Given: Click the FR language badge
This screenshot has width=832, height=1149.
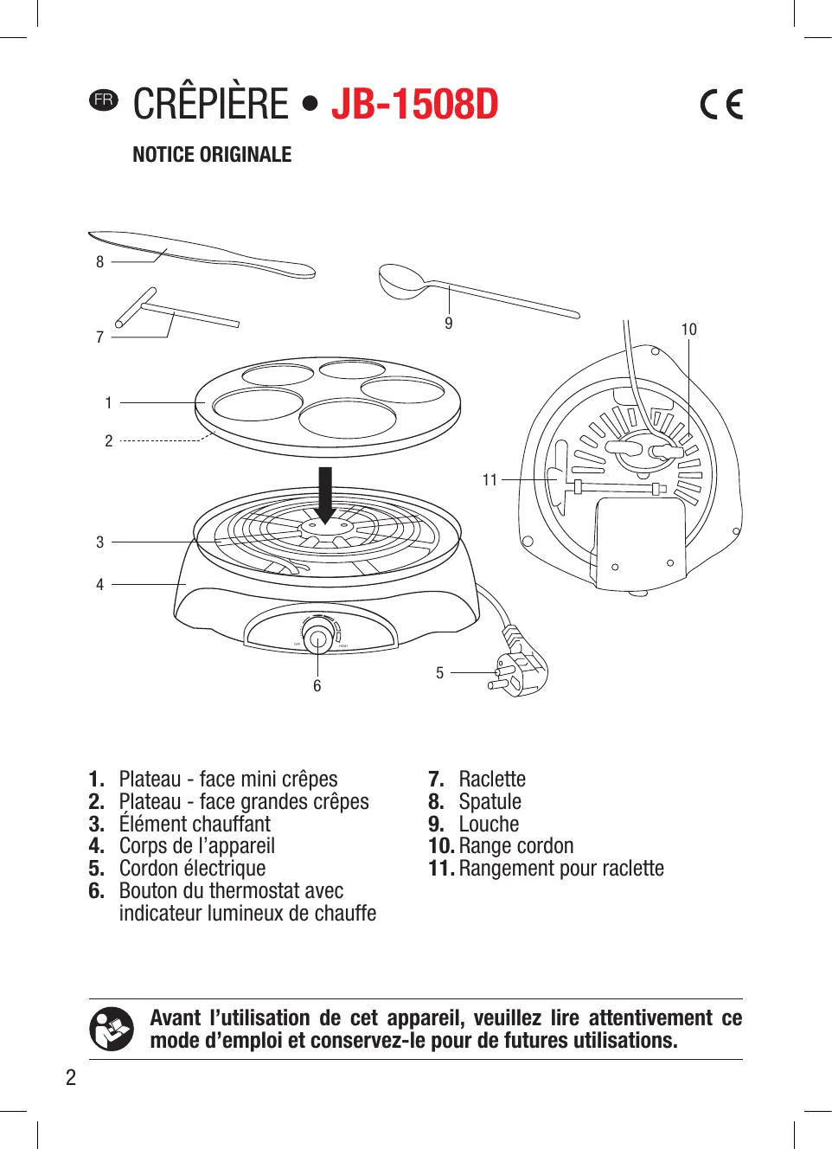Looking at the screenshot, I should [104, 99].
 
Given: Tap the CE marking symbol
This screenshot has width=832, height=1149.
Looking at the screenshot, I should [721, 105].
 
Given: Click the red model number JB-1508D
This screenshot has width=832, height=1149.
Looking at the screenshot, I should [414, 104].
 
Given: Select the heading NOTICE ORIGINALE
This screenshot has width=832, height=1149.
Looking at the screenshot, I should [212, 155].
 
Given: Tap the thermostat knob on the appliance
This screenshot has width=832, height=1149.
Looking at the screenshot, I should [317, 639].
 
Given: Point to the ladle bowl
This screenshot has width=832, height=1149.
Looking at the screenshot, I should [400, 280].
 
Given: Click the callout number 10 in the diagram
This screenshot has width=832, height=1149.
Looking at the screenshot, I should [688, 330].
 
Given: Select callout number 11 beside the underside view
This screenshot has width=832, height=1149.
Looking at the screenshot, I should [490, 479].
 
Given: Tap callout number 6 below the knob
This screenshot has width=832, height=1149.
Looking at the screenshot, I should [317, 686].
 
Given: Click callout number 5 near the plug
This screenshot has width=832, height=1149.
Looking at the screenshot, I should [439, 672].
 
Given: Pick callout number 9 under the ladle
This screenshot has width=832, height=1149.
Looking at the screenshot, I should [448, 324].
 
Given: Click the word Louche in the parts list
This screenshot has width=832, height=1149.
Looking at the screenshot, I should [489, 824].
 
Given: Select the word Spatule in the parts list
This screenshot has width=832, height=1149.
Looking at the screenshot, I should [490, 801].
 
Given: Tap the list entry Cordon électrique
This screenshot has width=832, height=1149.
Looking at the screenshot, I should [192, 869].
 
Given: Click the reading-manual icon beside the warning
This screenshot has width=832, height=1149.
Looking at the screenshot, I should [112, 1029].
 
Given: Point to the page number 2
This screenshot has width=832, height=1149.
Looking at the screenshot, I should [71, 1077].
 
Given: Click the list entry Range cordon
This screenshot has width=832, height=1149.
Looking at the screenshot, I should [515, 846].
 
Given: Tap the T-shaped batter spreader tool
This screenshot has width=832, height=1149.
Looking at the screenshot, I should [173, 312].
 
